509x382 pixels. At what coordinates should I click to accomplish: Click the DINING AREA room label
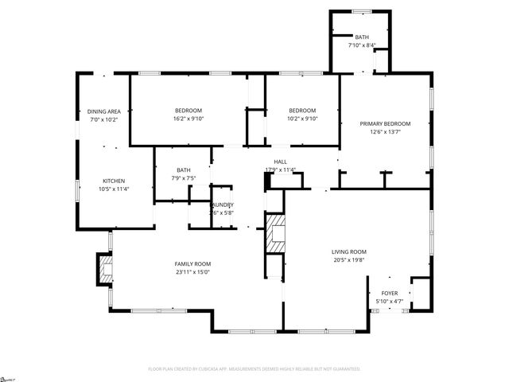pos(104,111)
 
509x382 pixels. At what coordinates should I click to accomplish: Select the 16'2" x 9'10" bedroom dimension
pos(188,119)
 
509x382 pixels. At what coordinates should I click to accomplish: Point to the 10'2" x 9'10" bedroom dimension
pos(302,119)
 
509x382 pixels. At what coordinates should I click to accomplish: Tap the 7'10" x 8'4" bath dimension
pos(363,46)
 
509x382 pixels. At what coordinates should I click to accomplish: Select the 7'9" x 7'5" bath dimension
pos(184,177)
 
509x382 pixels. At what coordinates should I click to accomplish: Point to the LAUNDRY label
pos(222,205)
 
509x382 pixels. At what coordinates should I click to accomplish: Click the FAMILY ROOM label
pos(192,263)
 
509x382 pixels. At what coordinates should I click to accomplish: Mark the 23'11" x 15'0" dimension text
pos(192,272)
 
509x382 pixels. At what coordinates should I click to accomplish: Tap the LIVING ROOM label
pos(349,252)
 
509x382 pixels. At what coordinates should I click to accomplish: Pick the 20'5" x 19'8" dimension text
pos(349,261)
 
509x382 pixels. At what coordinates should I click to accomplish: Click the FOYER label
pos(389,294)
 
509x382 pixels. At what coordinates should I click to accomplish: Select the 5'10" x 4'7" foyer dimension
pos(389,302)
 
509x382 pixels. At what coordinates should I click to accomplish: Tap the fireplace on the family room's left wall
pos(104,268)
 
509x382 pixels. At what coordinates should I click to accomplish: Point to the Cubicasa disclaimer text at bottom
pos(254,369)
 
